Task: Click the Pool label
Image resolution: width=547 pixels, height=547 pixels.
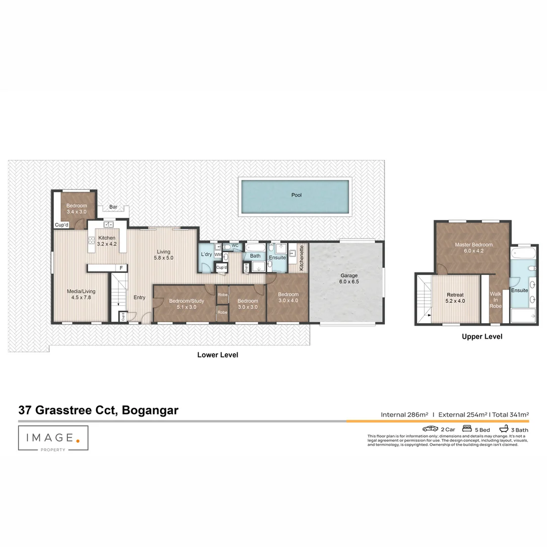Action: tap(296, 195)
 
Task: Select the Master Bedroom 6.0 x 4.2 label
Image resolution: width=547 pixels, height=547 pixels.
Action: tap(474, 248)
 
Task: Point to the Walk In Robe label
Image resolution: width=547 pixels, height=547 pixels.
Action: tap(495, 299)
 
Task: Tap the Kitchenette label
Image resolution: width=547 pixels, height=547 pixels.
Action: tap(302, 258)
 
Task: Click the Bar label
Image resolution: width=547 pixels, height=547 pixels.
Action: tap(113, 207)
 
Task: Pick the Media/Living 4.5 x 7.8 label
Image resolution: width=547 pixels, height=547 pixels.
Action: tap(81, 294)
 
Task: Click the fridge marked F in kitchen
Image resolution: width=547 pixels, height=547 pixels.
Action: tap(121, 267)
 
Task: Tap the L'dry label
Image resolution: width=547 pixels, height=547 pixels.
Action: tap(206, 254)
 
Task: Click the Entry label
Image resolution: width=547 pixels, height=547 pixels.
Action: tap(139, 298)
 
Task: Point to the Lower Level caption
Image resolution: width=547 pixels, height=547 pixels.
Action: tap(217, 355)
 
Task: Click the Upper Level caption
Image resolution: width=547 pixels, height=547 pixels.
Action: tap(482, 337)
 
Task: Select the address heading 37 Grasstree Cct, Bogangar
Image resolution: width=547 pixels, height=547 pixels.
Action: tap(98, 410)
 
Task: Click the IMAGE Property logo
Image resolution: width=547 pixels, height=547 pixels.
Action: tap(53, 439)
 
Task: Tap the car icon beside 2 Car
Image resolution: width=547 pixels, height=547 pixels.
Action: tap(430, 429)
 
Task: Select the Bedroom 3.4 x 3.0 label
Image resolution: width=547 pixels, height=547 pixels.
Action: tap(76, 208)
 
